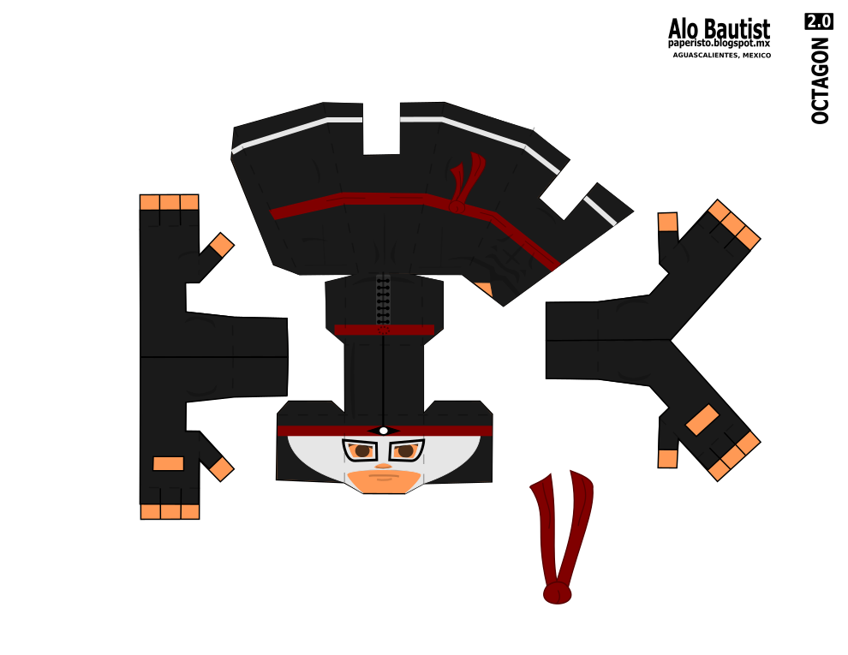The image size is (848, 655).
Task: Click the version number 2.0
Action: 818,21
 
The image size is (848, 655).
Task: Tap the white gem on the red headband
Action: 384,431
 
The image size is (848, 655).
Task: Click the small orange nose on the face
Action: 383,466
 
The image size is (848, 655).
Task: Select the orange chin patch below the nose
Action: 383,480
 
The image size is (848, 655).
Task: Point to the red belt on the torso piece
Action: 384,330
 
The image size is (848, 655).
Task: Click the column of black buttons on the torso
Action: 383,300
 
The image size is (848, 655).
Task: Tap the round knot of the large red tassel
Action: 557,592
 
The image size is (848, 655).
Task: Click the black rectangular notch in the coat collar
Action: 381,128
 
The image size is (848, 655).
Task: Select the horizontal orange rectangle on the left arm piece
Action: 168,463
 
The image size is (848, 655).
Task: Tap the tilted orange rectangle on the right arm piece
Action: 702,420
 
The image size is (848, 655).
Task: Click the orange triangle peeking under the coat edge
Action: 485,289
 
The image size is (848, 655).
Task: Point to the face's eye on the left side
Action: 360,450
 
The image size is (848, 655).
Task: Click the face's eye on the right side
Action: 406,450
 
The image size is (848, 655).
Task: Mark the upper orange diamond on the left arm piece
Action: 221,245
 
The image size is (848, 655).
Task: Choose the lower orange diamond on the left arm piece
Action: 221,468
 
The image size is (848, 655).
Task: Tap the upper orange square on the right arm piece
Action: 667,222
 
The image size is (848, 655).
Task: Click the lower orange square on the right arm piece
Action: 667,458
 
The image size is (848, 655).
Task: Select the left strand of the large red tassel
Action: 545,522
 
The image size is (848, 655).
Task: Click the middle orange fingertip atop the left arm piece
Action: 170,202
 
